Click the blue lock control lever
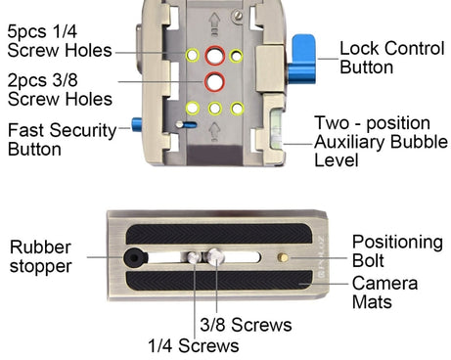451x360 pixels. click(303, 60)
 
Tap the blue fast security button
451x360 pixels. click(136, 124)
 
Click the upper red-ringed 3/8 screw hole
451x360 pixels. click(215, 56)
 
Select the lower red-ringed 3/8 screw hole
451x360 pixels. click(214, 81)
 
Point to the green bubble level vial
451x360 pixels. click(276, 128)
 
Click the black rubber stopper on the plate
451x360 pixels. click(135, 257)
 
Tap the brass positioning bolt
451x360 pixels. click(283, 257)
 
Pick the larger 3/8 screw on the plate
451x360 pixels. click(216, 256)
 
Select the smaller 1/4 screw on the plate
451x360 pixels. click(194, 257)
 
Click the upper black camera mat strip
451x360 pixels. click(219, 234)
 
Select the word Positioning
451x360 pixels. click(397, 243)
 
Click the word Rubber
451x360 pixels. click(40, 247)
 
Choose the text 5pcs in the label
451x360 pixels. click(26, 32)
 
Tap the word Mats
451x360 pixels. click(372, 301)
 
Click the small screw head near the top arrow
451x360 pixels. click(238, 15)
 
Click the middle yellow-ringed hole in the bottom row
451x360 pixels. click(215, 109)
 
